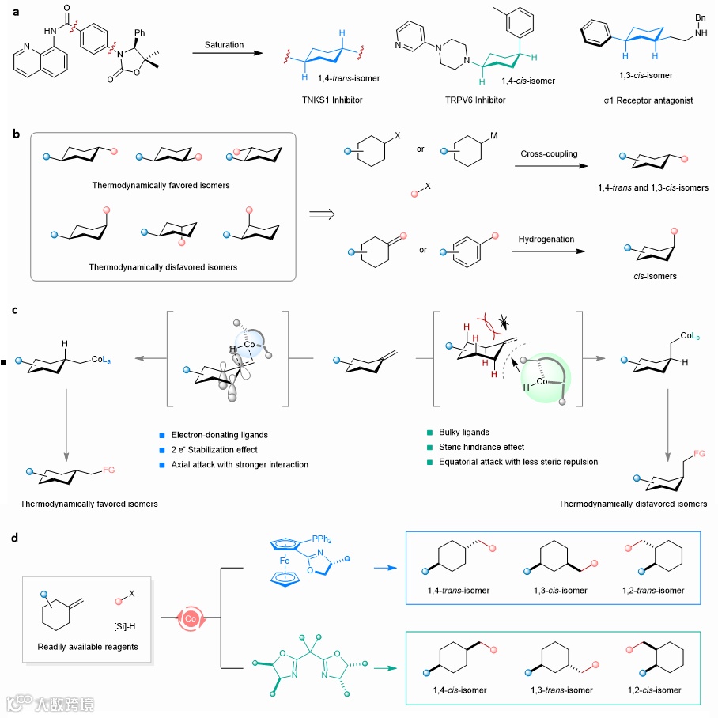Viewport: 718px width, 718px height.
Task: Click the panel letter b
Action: point(16,135)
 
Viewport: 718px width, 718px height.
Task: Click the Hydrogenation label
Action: point(546,239)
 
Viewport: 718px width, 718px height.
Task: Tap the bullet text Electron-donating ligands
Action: point(219,434)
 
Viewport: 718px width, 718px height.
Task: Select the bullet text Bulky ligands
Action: point(463,433)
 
